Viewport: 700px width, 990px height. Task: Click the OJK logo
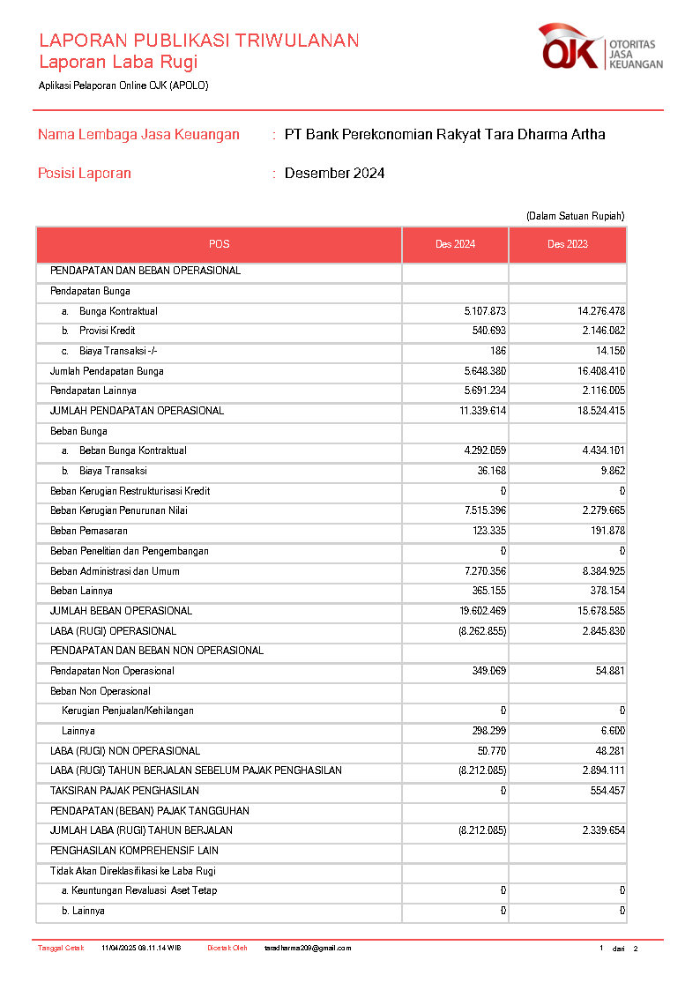599,48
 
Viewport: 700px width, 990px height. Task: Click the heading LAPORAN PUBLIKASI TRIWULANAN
198,41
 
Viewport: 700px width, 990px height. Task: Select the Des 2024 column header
455,244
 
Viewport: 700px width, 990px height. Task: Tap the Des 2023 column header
567,244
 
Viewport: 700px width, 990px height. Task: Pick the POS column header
219,244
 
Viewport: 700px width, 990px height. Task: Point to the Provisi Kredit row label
111,331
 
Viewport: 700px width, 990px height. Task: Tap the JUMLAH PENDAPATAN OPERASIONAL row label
137,411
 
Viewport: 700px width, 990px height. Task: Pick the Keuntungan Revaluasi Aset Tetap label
139,890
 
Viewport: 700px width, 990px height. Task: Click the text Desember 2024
334,174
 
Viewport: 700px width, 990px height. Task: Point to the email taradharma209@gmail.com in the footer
308,949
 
